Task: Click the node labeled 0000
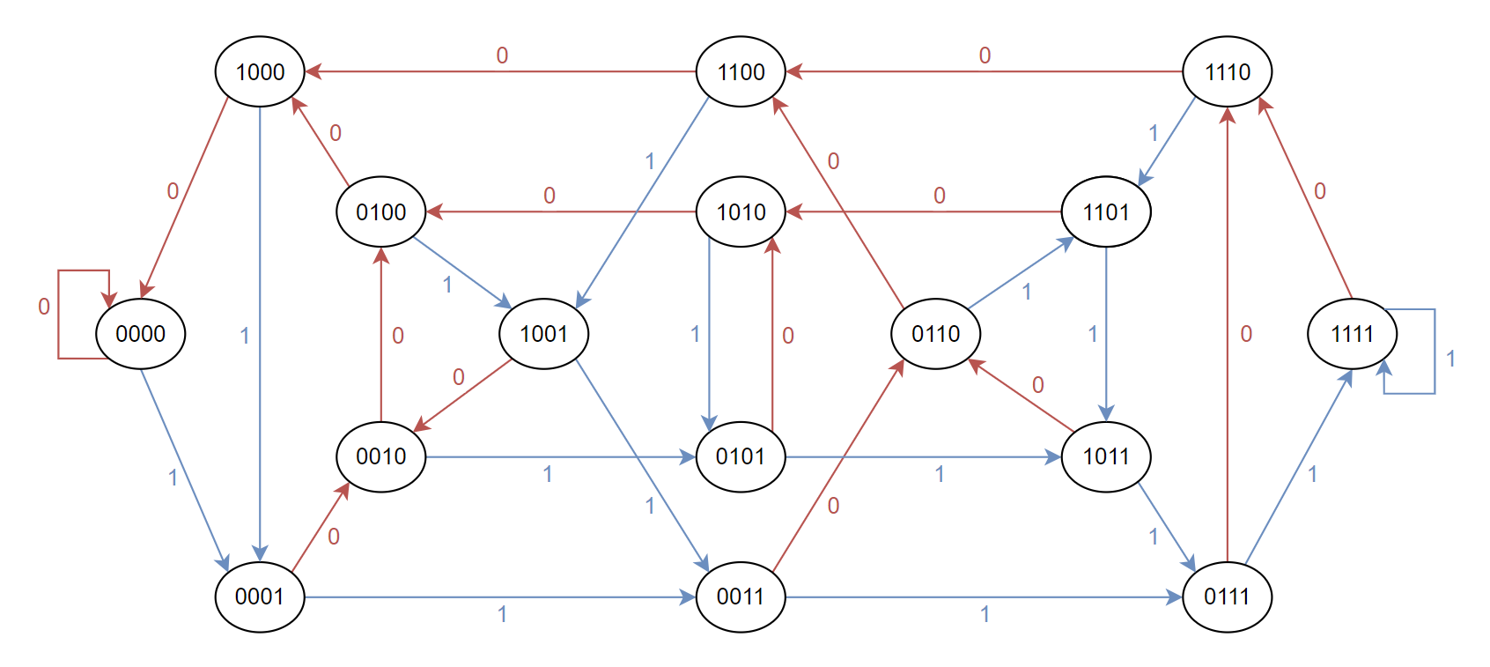pos(140,334)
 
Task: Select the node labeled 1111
pos(1352,334)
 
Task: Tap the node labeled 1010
pos(741,212)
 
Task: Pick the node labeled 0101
pos(741,456)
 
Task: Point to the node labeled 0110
pos(935,334)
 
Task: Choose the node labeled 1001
pos(543,334)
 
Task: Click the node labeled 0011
pos(741,597)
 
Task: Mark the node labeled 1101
pos(1106,212)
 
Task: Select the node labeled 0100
pos(380,212)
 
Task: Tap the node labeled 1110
pos(1227,71)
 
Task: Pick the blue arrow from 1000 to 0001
pos(260,334)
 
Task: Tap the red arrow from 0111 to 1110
pos(1227,334)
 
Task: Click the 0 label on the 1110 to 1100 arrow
pos(985,56)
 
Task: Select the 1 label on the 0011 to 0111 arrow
pos(985,614)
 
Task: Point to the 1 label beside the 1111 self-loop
pos(1450,359)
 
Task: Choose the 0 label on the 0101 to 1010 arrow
pos(787,336)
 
